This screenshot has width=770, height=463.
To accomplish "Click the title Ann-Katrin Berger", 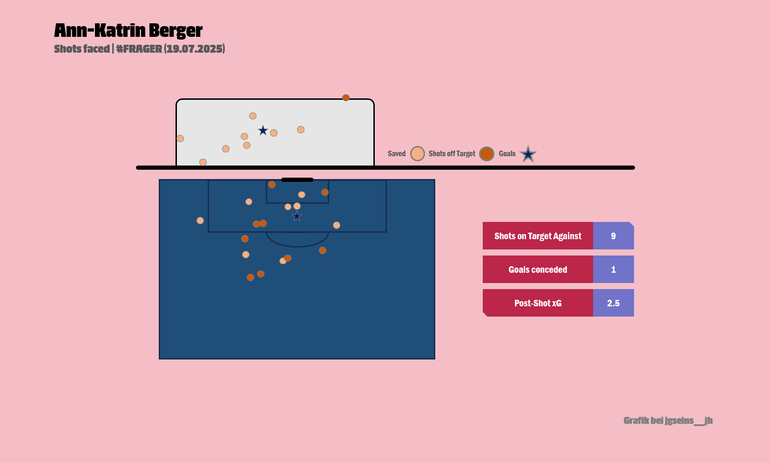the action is (128, 31).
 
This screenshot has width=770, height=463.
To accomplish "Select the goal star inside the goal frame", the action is (263, 131).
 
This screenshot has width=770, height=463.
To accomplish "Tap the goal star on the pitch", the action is (297, 216).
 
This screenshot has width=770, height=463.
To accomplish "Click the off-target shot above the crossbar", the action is (346, 98).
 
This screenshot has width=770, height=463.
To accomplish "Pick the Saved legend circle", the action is (418, 154).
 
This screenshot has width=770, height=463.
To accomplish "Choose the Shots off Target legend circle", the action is (486, 154).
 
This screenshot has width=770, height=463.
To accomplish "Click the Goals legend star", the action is (528, 154).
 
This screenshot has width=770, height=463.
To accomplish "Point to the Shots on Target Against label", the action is (538, 236).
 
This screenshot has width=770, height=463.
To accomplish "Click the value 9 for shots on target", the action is (613, 236).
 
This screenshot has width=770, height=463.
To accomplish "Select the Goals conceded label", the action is (538, 270).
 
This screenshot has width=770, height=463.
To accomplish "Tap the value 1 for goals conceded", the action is (613, 270).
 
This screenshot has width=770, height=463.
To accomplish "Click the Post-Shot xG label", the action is (538, 304).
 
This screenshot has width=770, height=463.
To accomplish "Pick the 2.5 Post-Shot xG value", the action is (613, 304).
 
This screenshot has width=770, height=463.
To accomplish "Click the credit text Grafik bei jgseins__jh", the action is (668, 421).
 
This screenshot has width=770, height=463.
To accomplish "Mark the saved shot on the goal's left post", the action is (180, 138).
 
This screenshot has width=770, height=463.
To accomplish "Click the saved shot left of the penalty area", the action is (200, 221).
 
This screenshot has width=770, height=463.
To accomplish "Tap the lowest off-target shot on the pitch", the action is (250, 277).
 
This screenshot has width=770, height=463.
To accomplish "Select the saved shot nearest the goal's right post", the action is (301, 130).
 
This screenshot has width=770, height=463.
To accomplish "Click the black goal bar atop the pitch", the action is (297, 180).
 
